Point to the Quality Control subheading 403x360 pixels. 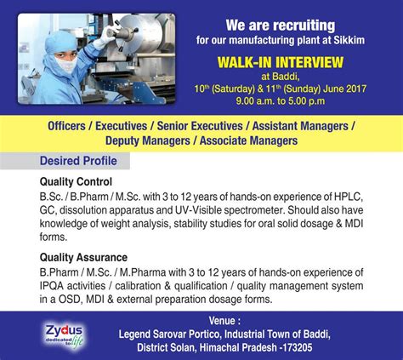pyautogui.click(x=76, y=180)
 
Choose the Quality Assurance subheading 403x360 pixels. pyautogui.click(x=83, y=256)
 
